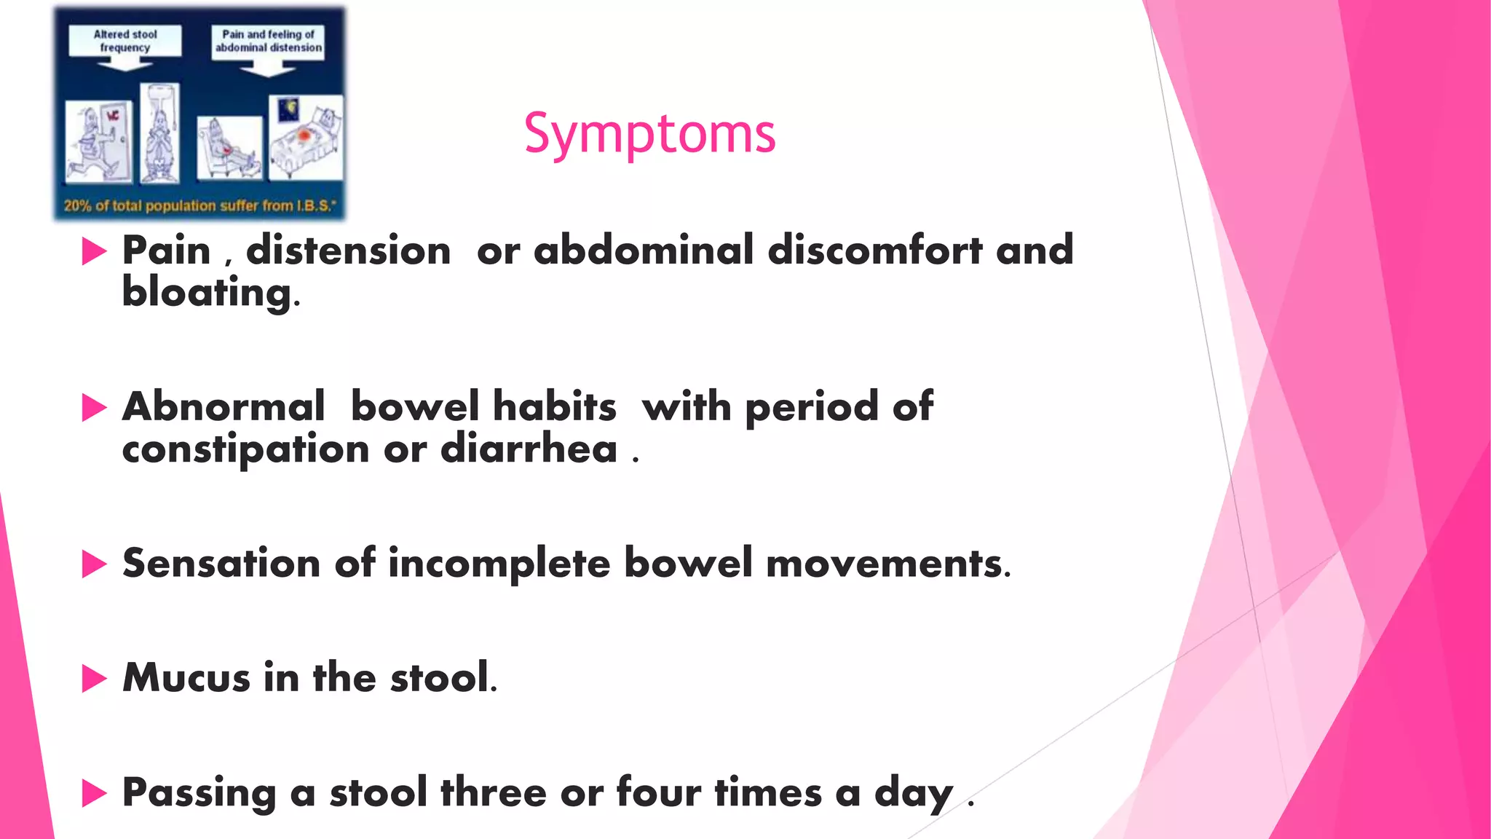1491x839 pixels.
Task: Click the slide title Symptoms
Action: tap(649, 134)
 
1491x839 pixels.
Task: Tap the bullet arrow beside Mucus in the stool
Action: tap(94, 678)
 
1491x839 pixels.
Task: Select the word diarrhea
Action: tap(529, 449)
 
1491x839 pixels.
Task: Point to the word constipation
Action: tap(245, 449)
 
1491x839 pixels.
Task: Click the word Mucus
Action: tap(186, 677)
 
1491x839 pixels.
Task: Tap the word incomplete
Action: tap(499, 564)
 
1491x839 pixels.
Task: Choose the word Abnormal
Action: tap(223, 406)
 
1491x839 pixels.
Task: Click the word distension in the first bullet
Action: tap(348, 251)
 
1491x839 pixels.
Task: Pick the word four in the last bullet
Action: tap(658, 792)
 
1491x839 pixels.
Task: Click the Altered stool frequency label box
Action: tap(125, 41)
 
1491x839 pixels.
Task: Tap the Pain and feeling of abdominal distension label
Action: tap(268, 41)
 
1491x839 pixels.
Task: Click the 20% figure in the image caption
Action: tap(77, 206)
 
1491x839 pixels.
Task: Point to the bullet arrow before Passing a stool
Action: tap(94, 793)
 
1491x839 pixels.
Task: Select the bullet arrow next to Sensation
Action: tap(94, 564)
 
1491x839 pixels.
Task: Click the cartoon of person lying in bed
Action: tap(306, 138)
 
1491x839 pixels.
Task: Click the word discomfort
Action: tap(875, 251)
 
